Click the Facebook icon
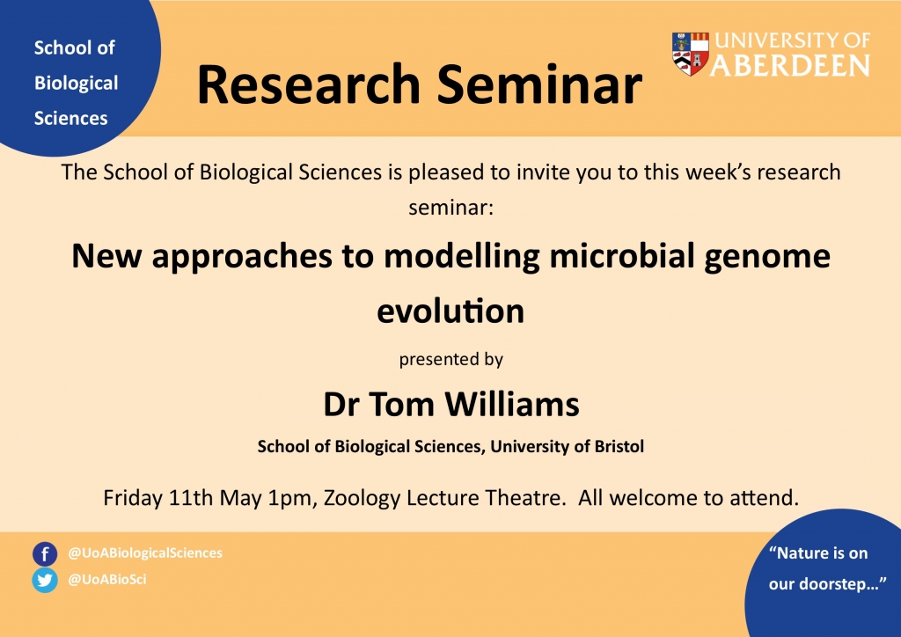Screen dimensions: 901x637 tap(45, 554)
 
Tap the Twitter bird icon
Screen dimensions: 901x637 tap(45, 580)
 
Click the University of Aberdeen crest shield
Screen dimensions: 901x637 tap(690, 54)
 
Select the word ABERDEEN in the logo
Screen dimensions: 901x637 tap(790, 65)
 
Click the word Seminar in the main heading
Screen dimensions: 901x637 tap(539, 84)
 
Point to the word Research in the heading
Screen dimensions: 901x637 tap(309, 84)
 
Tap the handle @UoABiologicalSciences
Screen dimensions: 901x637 tap(145, 553)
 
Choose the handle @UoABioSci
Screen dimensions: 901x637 tap(106, 579)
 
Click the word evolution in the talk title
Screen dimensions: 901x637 tap(450, 311)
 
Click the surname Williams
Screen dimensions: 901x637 tap(511, 404)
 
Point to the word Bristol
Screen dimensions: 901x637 tap(619, 446)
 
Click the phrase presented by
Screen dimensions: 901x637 tap(451, 360)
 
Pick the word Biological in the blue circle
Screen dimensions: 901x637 tap(76, 84)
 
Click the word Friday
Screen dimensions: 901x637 tap(133, 498)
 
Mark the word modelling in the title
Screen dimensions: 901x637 tap(462, 256)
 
